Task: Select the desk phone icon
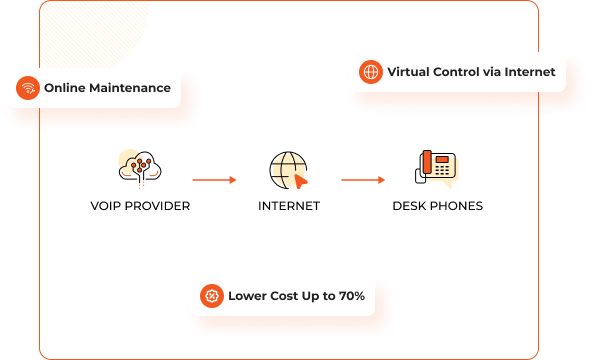click(436, 168)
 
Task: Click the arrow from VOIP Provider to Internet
click(213, 180)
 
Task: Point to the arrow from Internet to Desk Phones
click(362, 180)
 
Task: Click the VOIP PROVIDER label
click(139, 206)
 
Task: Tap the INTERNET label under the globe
click(289, 206)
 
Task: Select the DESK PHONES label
click(437, 206)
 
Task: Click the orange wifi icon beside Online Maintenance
click(28, 88)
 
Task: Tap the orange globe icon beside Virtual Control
click(371, 72)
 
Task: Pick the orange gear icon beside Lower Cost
click(211, 296)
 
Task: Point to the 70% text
click(348, 296)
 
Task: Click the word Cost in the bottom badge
click(283, 296)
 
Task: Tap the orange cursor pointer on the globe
click(301, 181)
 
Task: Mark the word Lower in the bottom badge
click(246, 296)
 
